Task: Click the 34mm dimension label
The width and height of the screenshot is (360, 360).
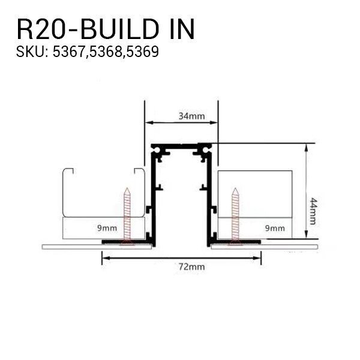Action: pyautogui.click(x=181, y=116)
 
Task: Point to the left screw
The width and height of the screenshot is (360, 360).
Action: pyautogui.click(x=127, y=215)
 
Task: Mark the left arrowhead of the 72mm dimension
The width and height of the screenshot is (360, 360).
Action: pyautogui.click(x=104, y=258)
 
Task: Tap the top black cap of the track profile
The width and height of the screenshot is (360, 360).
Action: pyautogui.click(x=181, y=146)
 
